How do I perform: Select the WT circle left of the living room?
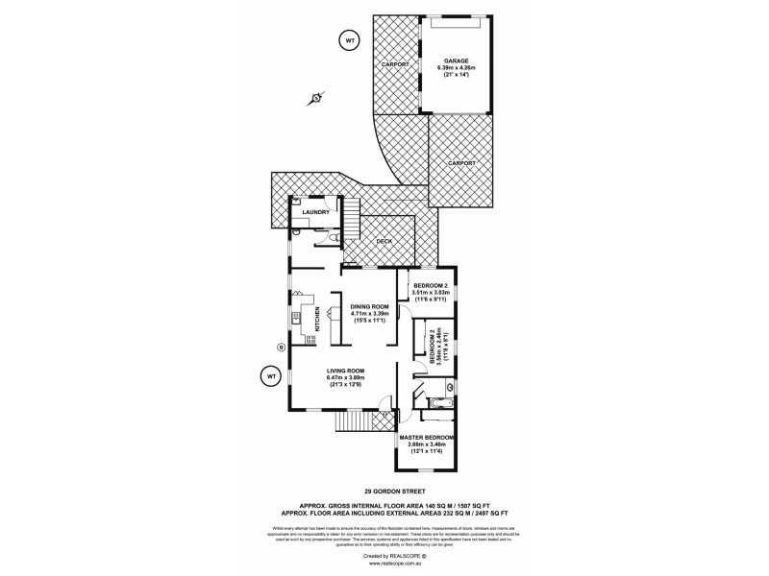(x=271, y=374)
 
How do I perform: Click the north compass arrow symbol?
(x=316, y=98)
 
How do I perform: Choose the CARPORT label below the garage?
(x=461, y=163)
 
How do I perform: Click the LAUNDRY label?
(x=316, y=212)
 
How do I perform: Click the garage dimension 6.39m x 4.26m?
(x=458, y=67)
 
